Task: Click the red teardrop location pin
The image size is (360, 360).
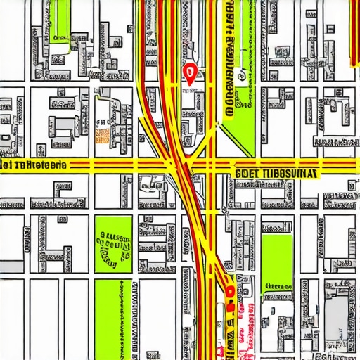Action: point(188,72)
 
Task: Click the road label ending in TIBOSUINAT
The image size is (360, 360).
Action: point(275,172)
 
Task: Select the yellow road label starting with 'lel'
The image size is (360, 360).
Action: point(34,165)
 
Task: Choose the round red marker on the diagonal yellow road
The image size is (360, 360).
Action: point(229,288)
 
